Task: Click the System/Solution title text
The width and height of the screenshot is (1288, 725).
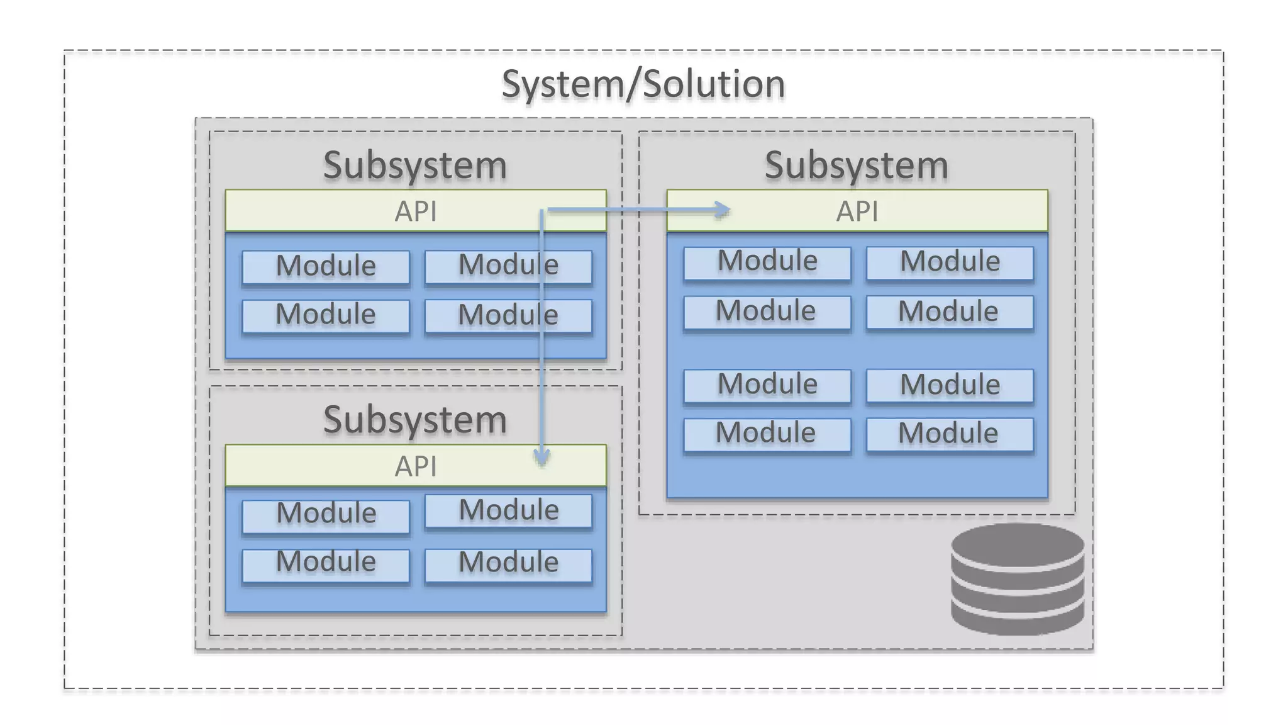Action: point(643,84)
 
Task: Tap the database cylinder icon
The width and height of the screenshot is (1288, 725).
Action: point(1017,580)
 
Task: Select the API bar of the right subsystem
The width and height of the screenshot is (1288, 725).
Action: point(857,211)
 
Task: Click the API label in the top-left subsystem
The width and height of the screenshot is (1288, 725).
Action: point(415,211)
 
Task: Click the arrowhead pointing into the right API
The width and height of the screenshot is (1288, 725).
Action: point(723,210)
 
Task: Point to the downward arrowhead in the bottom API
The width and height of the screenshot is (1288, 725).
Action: point(541,458)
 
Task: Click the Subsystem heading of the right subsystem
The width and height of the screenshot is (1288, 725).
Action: point(856,166)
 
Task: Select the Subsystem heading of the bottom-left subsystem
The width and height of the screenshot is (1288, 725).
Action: point(415,420)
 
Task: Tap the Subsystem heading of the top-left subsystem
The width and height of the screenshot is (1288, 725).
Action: point(415,166)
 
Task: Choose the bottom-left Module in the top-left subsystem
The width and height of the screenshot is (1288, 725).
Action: point(326,315)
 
